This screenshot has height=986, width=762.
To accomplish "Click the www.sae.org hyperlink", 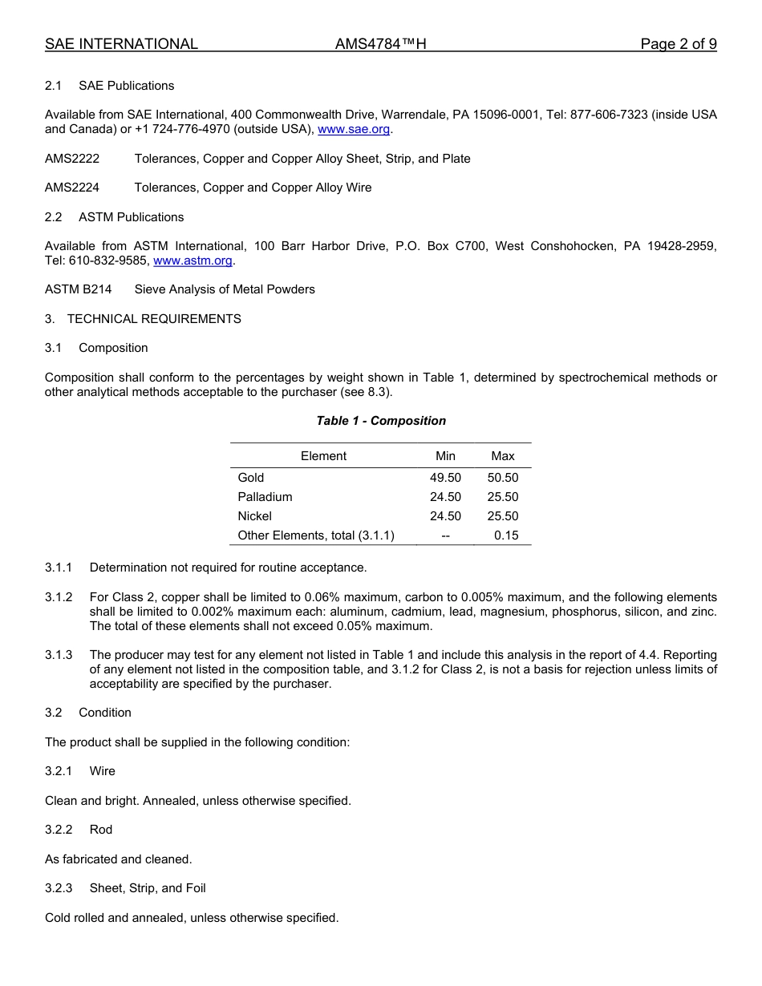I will click(x=354, y=129).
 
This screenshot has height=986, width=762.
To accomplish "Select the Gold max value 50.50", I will click(x=503, y=478).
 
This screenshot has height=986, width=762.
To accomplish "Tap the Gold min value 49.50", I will click(x=445, y=478).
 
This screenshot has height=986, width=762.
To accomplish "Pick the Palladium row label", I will click(x=265, y=497).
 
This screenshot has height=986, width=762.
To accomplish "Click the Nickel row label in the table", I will click(x=254, y=516).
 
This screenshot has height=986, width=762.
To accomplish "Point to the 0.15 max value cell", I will click(x=506, y=535).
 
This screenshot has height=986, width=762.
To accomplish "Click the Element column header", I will click(x=323, y=456).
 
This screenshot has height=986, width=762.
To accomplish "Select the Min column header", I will click(x=445, y=456).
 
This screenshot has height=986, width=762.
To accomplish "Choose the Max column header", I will click(x=503, y=456).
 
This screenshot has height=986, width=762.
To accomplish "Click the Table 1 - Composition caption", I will click(x=381, y=421).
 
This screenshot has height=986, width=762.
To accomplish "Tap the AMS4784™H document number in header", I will click(x=380, y=44).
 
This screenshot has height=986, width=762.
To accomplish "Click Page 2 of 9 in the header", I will click(x=679, y=44).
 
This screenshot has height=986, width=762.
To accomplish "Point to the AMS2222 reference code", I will click(x=72, y=159).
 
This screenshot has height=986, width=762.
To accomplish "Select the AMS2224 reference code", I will click(x=72, y=188).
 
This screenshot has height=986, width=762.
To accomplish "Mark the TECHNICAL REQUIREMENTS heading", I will click(x=154, y=319).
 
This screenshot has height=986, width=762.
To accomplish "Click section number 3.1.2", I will click(x=59, y=597).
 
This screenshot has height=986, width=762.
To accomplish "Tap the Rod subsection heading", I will click(x=101, y=830).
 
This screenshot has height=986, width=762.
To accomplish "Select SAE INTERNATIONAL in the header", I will click(x=121, y=44).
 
